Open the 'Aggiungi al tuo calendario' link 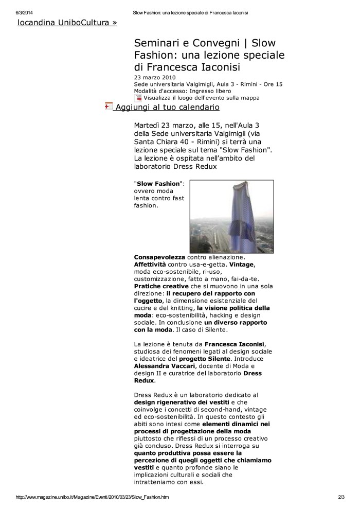(167, 107)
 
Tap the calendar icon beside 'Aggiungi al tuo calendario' (109, 106)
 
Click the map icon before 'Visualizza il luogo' (138, 97)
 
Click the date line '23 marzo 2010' (154, 78)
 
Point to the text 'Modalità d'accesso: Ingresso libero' (175, 91)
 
